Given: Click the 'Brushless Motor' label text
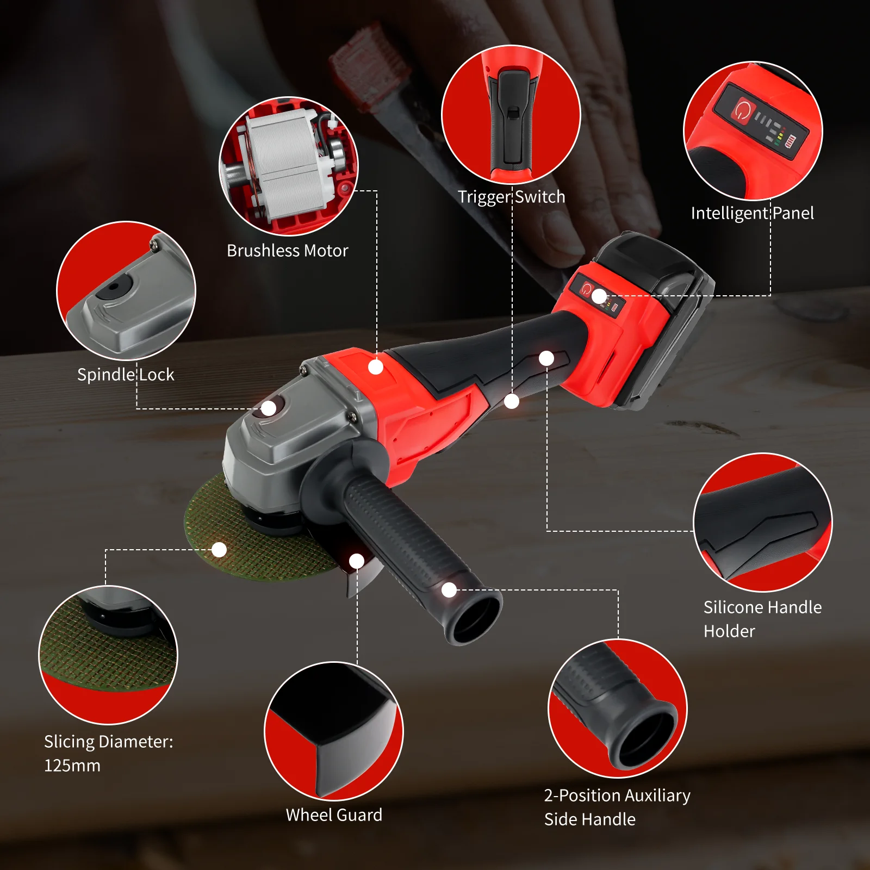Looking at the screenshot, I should (287, 251).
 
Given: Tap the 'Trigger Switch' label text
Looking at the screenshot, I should (511, 197).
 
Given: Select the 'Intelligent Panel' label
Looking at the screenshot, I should (752, 213).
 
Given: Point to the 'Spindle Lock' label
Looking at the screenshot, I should (126, 375).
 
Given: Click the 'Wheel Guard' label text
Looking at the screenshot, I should (334, 815).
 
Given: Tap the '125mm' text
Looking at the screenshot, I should (72, 766).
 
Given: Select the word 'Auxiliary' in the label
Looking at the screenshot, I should (657, 796).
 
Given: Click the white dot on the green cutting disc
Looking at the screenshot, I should (219, 550).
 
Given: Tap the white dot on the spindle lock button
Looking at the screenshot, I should (269, 408).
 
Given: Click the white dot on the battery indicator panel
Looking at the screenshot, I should (599, 297).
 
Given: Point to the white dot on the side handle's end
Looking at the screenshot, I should (449, 590).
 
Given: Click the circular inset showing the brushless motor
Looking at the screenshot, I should (289, 166).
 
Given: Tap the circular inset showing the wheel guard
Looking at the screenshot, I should (334, 731).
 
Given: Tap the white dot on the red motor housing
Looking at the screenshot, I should (376, 367).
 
